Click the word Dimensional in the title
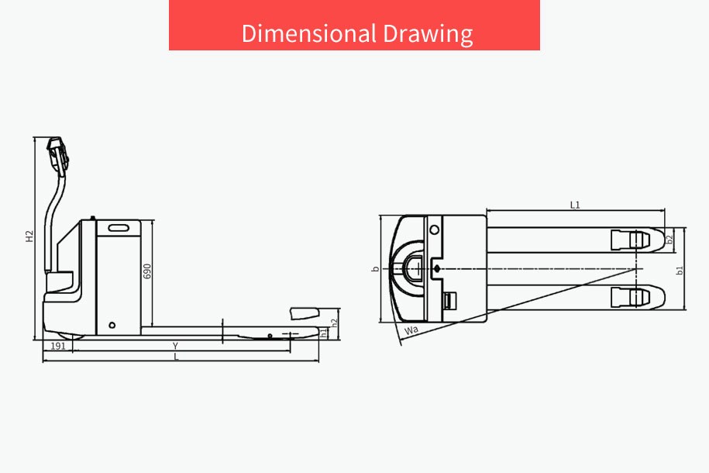pyautogui.click(x=309, y=33)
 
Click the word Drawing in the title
pyautogui.click(x=428, y=34)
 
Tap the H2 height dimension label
pyautogui.click(x=29, y=236)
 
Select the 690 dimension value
pyautogui.click(x=147, y=271)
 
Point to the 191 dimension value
pyautogui.click(x=58, y=347)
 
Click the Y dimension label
pyautogui.click(x=175, y=347)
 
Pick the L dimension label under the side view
pyautogui.click(x=177, y=357)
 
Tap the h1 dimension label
pyautogui.click(x=323, y=333)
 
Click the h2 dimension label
pyautogui.click(x=334, y=323)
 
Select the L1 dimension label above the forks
pyautogui.click(x=575, y=205)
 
